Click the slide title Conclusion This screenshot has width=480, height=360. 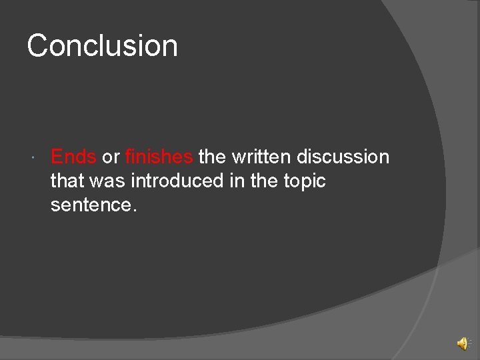tap(103, 46)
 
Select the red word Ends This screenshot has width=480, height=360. tap(73, 157)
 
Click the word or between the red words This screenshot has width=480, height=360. tap(111, 157)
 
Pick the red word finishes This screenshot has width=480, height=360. tap(159, 157)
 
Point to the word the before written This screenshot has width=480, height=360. tap(212, 157)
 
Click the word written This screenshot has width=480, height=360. tap(261, 157)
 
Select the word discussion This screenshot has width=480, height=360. tap(343, 157)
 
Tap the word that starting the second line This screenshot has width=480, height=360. tap(68, 181)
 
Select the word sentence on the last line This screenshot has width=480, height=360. tap(91, 205)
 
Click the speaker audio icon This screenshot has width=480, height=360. tap(461, 343)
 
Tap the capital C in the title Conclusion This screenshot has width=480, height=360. tap(38, 46)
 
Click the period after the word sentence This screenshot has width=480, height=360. tap(135, 211)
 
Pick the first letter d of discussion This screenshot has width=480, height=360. tap(302, 157)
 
